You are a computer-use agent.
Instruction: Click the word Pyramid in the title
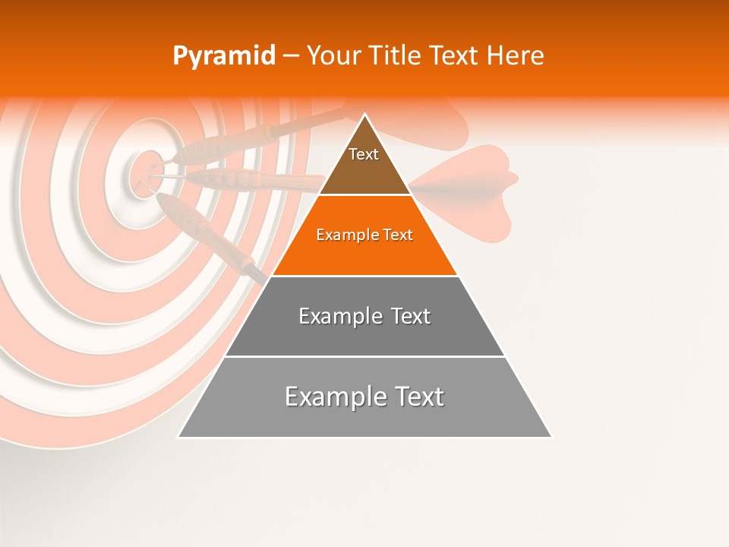pos(223,57)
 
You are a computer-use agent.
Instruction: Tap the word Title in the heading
pos(395,56)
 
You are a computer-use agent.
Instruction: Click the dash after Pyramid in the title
pos(290,57)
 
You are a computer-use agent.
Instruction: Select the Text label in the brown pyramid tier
pos(364,154)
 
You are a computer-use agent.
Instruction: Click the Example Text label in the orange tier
pos(364,235)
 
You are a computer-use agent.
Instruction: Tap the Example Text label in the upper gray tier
pos(364,316)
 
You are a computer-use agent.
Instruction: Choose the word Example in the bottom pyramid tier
pos(333,397)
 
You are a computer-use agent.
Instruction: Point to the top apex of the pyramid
pos(365,115)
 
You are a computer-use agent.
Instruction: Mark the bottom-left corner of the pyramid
pos(178,437)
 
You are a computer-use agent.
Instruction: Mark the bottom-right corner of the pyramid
pos(551,437)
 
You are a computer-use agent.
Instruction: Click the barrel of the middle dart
pos(220,179)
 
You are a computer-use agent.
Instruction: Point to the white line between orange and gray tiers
pos(364,276)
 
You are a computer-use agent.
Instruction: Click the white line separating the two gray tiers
pos(364,356)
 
